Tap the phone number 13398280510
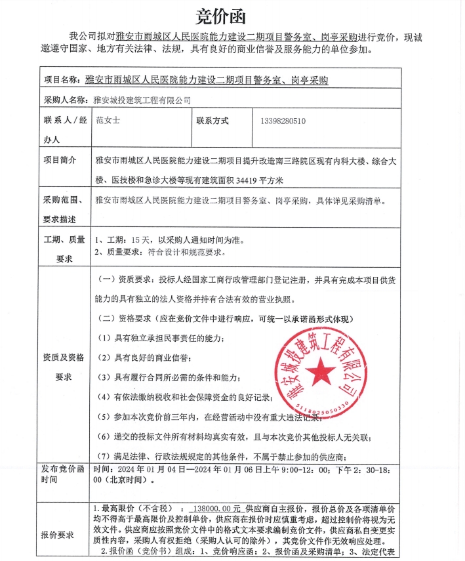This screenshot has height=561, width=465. click(283, 121)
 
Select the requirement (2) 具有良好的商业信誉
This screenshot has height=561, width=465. click(144, 358)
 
